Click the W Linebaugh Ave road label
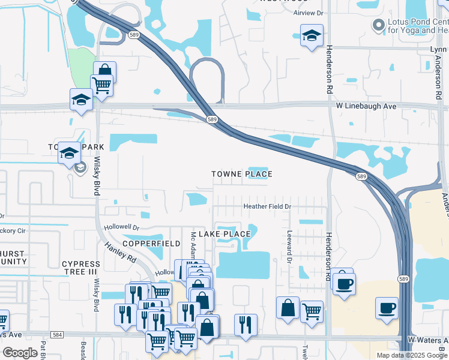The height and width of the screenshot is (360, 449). coord(366,106)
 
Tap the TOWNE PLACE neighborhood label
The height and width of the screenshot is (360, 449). coord(242,174)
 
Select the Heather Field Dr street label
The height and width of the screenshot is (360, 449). coord(267,206)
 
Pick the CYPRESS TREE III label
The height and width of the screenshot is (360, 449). coord(81,268)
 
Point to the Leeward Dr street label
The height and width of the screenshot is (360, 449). coord(289,247)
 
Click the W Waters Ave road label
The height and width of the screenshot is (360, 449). coord(427,340)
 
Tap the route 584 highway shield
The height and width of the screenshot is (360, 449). coord(58,335)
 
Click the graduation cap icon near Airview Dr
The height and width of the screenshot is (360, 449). coord(312,36)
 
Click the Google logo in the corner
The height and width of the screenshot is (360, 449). coord(20,353)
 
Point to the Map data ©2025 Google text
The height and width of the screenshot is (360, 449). coord(412,355)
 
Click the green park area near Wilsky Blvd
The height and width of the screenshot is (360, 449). coord(81,69)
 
